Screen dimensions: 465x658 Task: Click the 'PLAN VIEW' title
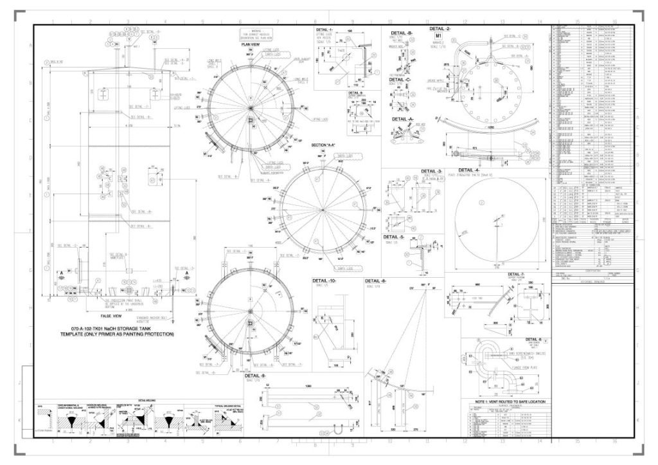pyautogui.click(x=250, y=45)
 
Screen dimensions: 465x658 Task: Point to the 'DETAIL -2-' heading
pyautogui.click(x=441, y=29)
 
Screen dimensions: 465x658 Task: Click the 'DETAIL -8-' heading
pyautogui.click(x=375, y=281)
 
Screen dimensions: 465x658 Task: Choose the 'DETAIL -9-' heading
pyautogui.click(x=254, y=376)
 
